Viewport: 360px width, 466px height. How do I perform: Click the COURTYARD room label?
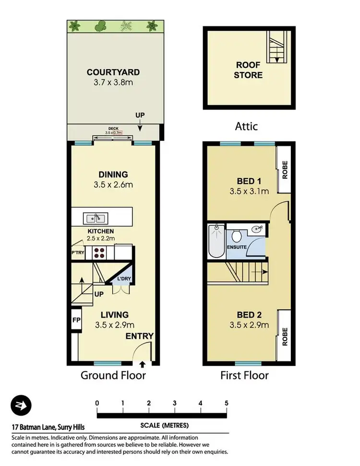113,73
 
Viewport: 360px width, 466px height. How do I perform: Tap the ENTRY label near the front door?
139,336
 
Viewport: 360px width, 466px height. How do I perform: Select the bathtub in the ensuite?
216,241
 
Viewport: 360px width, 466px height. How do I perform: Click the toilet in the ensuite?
236,236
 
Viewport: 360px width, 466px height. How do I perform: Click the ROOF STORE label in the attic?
249,70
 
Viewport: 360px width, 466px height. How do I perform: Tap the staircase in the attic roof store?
276,47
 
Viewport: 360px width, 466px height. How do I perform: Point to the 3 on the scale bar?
175,403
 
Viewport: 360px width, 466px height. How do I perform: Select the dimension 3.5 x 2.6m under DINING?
113,184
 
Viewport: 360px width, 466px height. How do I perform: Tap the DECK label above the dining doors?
114,129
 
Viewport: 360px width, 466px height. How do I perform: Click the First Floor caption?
244,375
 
